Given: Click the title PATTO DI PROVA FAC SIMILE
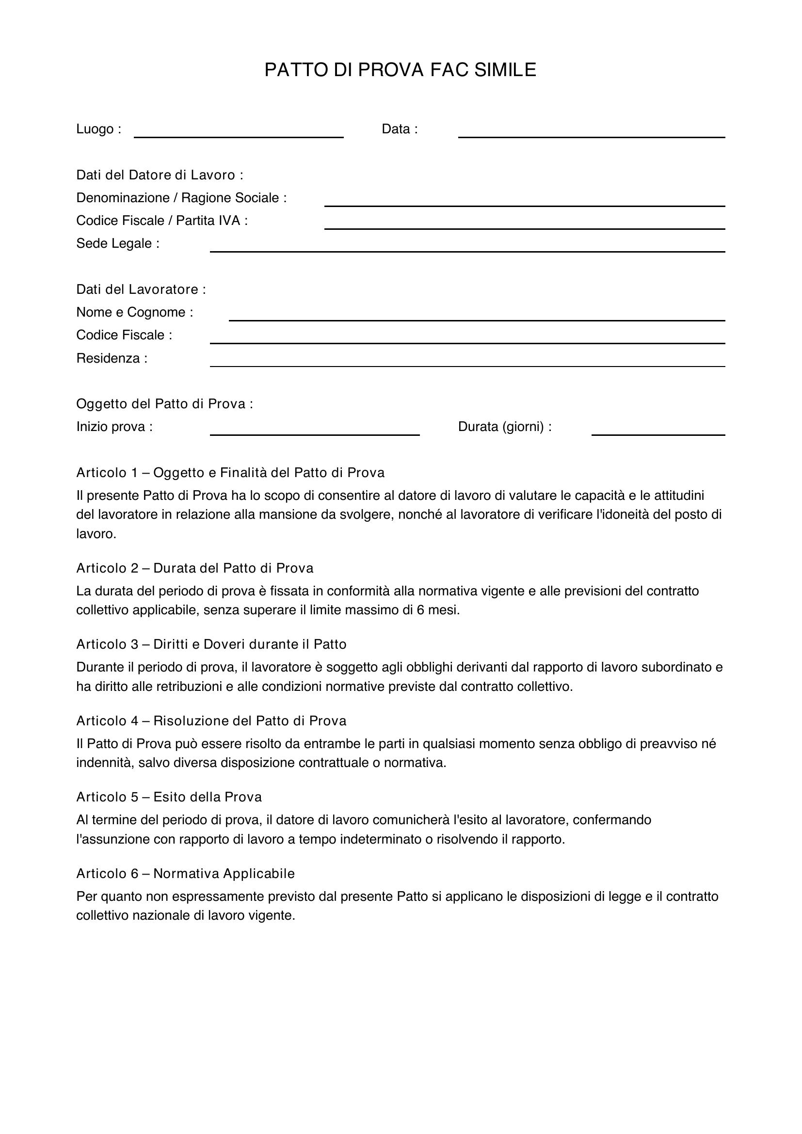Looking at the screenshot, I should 400,70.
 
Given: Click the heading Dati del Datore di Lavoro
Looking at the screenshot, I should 160,175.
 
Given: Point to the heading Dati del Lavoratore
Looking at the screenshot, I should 141,289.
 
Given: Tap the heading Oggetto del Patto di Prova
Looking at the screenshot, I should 164,404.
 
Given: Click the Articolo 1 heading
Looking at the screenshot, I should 230,473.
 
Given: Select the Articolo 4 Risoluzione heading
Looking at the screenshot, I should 211,721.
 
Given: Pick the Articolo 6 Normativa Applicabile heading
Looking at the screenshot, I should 185,874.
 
